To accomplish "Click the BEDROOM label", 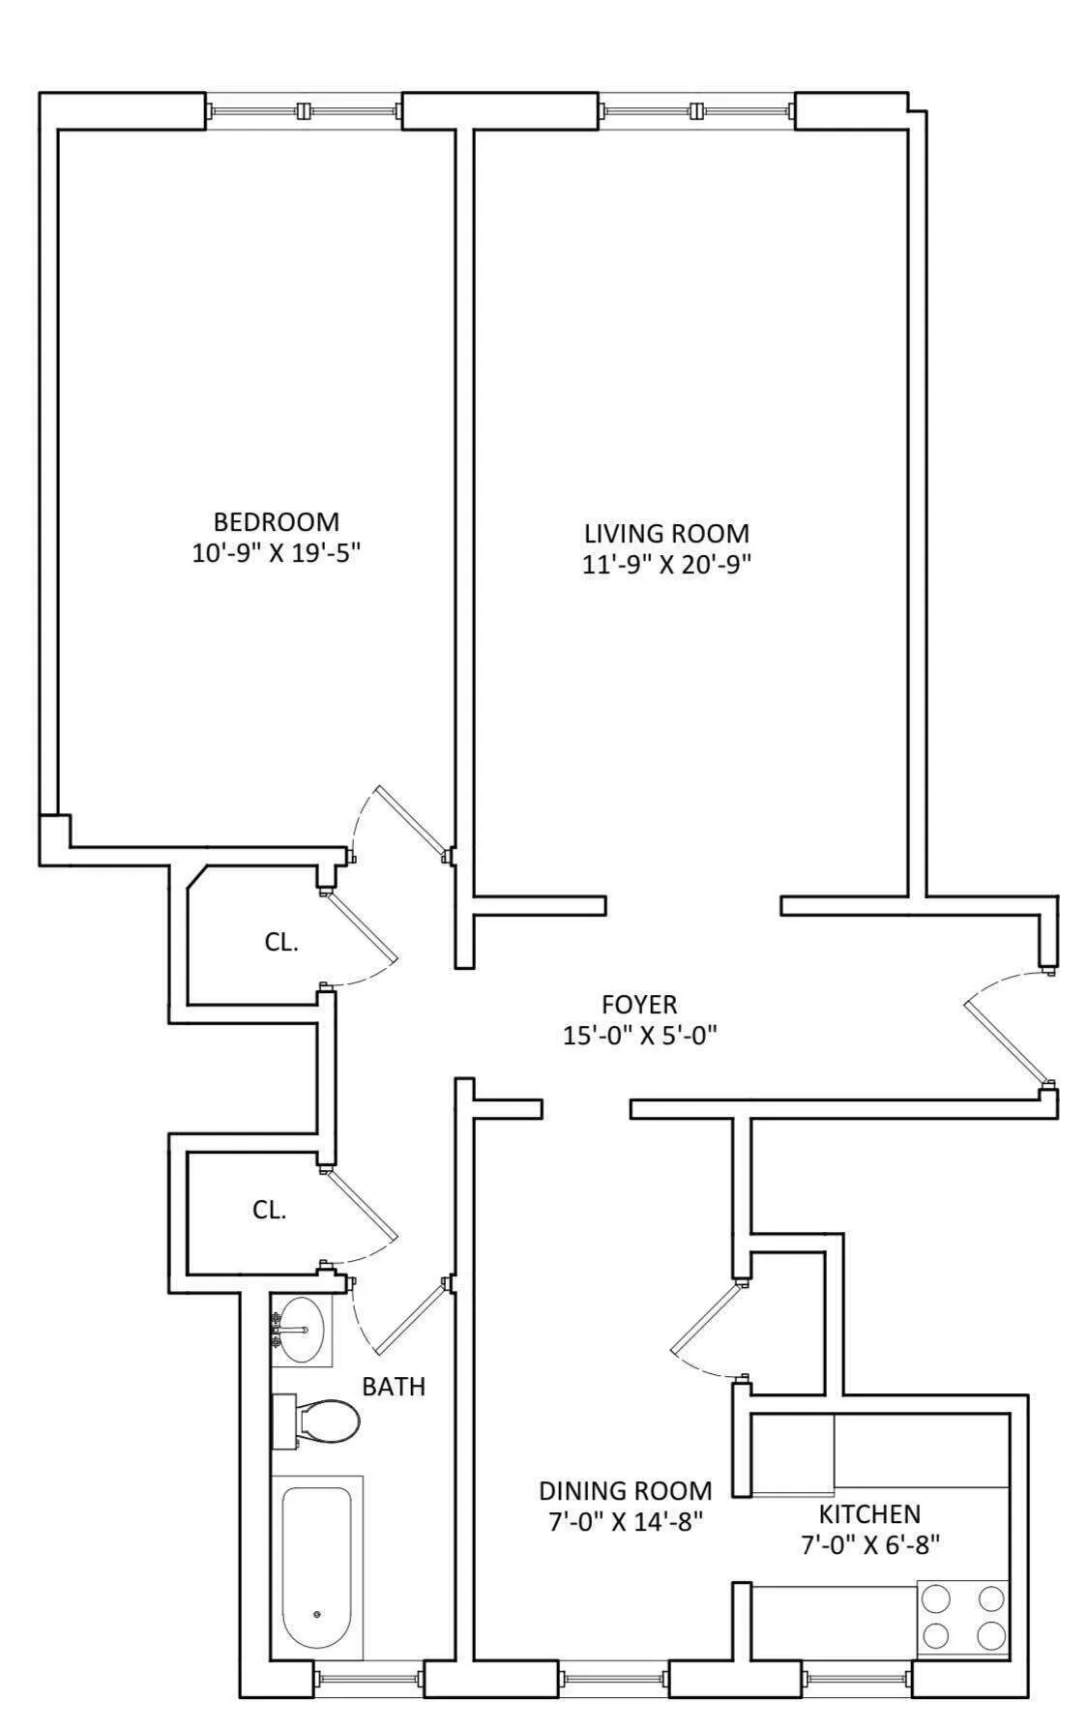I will [276, 522].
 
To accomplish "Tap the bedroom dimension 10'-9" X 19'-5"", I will [276, 554].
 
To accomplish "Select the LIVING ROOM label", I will [666, 533].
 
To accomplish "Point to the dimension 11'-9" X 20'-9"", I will [666, 565].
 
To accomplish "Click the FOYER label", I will [639, 1005].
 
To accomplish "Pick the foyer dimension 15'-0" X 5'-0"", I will [639, 1036].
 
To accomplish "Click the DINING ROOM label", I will [625, 1490].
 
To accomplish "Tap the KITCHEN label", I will [869, 1513].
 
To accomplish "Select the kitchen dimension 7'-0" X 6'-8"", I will [869, 1544].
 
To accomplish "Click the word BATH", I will [394, 1386].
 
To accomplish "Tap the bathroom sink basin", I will [305, 1330].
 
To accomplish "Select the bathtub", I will [316, 1567].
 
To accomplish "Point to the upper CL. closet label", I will [281, 943].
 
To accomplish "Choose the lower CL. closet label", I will [269, 1210].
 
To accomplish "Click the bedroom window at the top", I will [304, 110].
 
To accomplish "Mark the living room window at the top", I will [696, 110].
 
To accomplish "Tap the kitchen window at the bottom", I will [857, 1679].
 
